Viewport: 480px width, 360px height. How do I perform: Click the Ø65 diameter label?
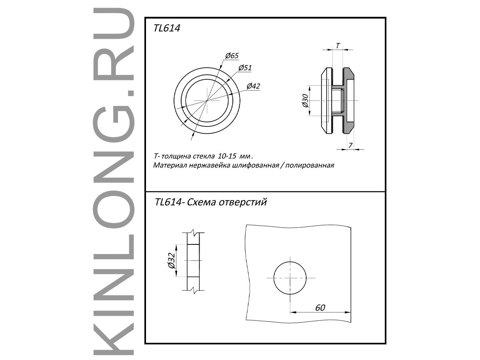232,56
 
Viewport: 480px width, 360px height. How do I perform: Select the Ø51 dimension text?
245,68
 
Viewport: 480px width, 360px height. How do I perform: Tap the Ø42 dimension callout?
254,86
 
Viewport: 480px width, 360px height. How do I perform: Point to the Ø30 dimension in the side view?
306,101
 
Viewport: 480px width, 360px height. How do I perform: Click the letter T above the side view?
338,46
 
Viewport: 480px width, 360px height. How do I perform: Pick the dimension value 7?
350,145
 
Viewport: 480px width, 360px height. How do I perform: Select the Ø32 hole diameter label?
172,260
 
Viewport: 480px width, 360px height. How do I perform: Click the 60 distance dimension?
320,308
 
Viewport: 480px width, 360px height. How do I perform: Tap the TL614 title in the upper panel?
167,28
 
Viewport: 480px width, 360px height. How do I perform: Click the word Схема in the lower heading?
201,202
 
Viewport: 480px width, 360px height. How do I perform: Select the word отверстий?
243,202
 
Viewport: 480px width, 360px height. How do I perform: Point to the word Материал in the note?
170,165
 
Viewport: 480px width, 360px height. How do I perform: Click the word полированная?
310,166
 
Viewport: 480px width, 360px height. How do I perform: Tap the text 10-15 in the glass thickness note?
227,156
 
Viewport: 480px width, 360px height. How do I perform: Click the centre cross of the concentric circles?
207,100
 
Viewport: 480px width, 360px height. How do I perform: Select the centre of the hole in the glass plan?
290,278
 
